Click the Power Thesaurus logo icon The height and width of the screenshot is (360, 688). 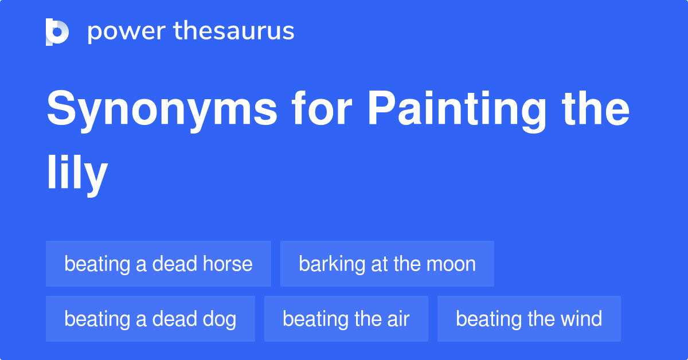[x=57, y=32]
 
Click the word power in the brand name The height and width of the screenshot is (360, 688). [x=127, y=32]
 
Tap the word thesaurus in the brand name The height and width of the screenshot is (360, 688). [x=234, y=30]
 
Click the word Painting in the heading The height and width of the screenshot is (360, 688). [x=457, y=111]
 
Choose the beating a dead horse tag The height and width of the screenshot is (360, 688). [x=158, y=264]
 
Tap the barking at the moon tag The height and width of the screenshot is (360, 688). [x=388, y=264]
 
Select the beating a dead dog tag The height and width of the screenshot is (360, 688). [x=150, y=319]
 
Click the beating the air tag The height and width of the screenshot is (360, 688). [x=346, y=319]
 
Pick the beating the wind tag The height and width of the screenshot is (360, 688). [x=529, y=319]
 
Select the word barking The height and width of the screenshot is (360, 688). [x=332, y=264]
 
